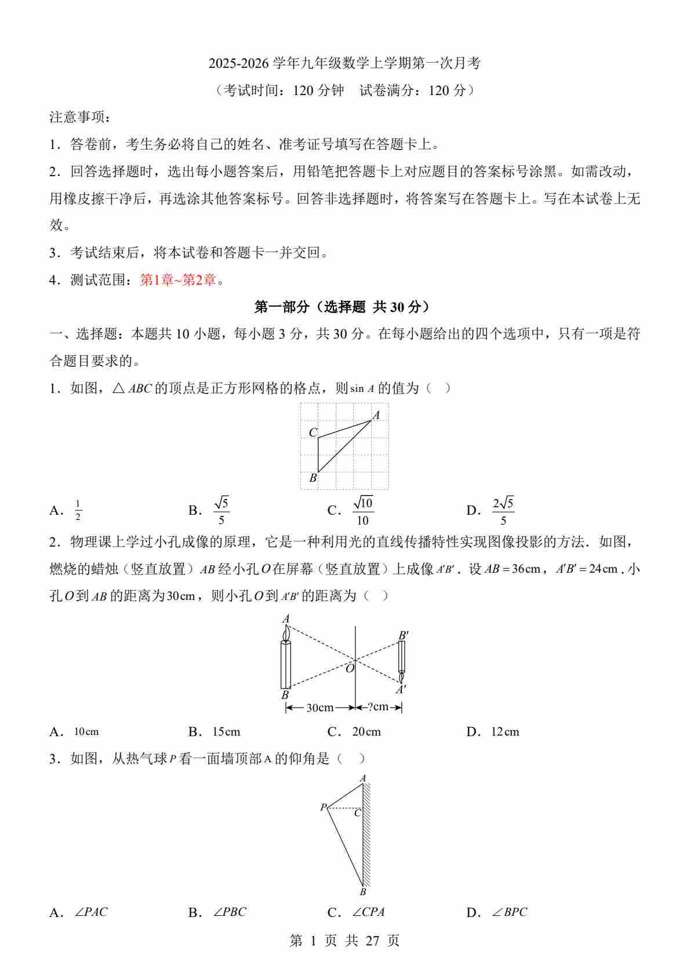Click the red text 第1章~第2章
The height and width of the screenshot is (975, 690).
(178, 280)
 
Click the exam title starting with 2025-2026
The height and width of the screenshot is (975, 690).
(344, 63)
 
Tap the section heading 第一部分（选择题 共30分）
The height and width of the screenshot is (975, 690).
(344, 307)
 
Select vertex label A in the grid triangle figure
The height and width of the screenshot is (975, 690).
(376, 415)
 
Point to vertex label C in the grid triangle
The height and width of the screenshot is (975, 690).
(313, 432)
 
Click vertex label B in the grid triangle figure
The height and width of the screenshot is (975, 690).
(313, 478)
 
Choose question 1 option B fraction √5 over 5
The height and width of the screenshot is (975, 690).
(221, 510)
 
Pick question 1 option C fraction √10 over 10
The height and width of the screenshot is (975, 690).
(363, 510)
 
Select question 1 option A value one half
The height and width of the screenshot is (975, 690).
(78, 510)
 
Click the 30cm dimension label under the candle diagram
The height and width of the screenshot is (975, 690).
(320, 707)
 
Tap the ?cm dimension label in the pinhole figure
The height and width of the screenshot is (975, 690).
(378, 707)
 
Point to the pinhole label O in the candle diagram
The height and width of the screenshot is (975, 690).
(350, 668)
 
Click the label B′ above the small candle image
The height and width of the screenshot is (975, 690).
(404, 635)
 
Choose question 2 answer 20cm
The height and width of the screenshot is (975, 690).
(366, 732)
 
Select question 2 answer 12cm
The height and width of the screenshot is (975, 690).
(505, 732)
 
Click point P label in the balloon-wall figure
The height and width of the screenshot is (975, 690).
(323, 807)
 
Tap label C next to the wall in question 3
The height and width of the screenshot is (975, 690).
(357, 813)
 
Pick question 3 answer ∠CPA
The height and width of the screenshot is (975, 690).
(369, 912)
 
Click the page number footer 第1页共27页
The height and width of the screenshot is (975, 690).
(344, 940)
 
